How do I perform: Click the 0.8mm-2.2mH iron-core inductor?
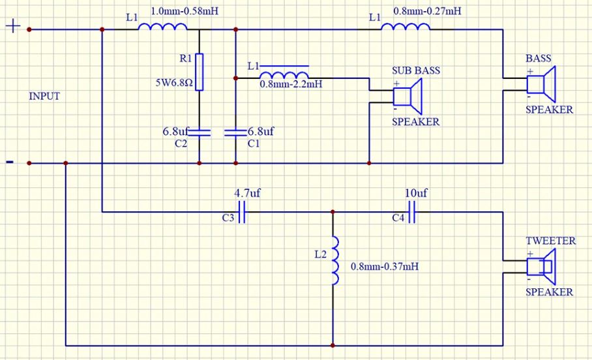point(285,75)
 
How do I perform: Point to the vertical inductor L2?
point(334,261)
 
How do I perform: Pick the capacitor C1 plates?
point(235,132)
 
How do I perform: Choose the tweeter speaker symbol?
point(540,267)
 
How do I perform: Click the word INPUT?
point(44,97)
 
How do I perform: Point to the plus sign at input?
point(13,27)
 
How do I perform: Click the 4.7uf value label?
point(246,194)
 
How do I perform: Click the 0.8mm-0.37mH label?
point(385,267)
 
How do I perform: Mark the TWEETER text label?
point(550,241)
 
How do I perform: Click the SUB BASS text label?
point(415,70)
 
